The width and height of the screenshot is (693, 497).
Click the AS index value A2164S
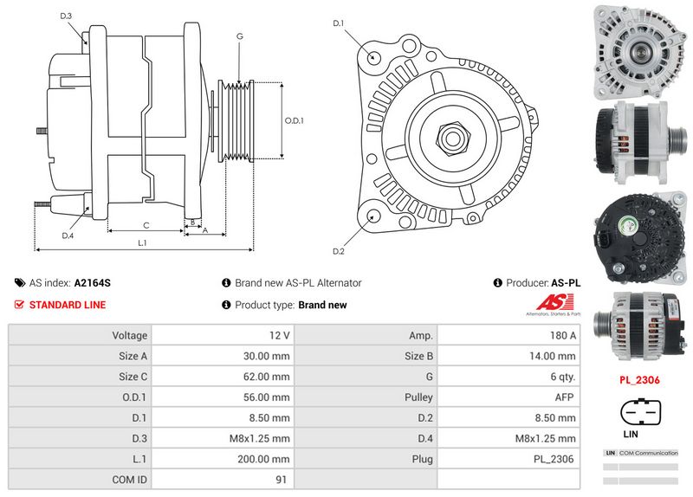point(92,283)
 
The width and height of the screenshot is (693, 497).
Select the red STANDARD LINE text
point(68,305)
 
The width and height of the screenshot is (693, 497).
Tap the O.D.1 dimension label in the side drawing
point(295,120)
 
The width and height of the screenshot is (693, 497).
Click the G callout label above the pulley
point(239,36)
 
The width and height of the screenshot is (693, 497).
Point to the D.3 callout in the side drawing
point(67,16)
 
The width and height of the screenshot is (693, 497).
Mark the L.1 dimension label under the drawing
point(141,243)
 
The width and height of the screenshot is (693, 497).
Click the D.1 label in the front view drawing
point(339,23)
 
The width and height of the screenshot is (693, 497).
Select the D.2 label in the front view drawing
point(339,252)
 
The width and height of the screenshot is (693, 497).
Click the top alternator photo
point(636,49)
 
